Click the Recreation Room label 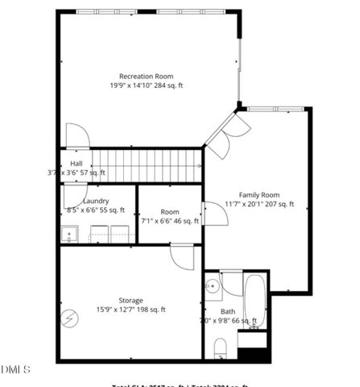tap(146, 77)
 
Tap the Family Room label tap(259, 194)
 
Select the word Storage tap(131, 300)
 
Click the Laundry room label tap(96, 201)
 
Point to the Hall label tap(76, 164)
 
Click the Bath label tap(228, 311)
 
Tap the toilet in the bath tap(220, 347)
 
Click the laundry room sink tap(70, 235)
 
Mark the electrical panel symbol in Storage tap(72, 318)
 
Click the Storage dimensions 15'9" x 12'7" tap(131, 309)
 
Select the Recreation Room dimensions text tap(147, 85)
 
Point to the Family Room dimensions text tap(259, 204)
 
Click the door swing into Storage tap(181, 257)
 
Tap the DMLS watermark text tap(15, 370)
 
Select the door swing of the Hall tap(77, 136)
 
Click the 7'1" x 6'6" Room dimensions tap(169, 220)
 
